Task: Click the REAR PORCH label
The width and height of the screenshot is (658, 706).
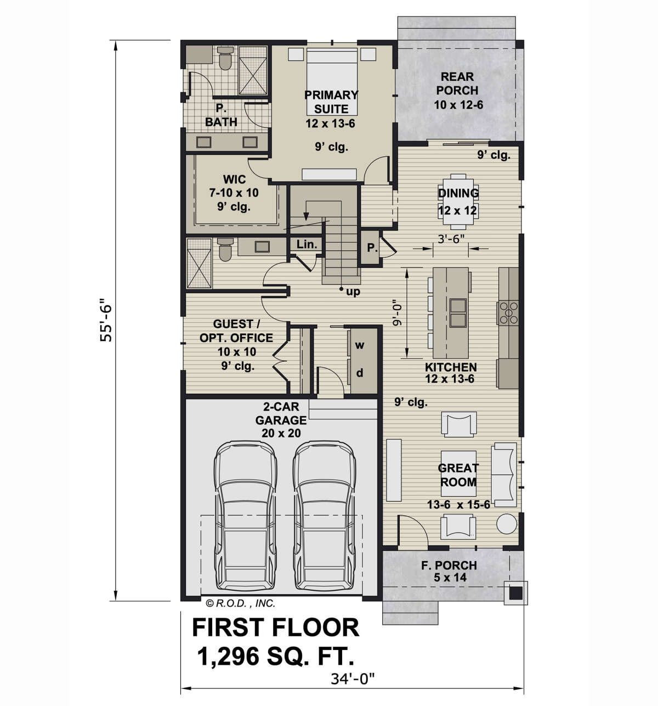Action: [x=457, y=83]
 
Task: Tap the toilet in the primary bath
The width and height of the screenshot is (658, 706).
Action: [x=225, y=58]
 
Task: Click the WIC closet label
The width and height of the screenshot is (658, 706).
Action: [x=234, y=179]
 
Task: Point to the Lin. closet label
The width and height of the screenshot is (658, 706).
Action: [x=307, y=244]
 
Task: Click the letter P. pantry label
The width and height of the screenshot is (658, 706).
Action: [x=372, y=248]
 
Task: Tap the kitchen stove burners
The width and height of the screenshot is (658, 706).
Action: [x=508, y=313]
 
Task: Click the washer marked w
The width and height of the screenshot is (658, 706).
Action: [x=359, y=345]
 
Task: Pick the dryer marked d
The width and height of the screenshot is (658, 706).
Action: [x=359, y=373]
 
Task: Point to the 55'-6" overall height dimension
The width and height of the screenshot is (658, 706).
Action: [x=106, y=320]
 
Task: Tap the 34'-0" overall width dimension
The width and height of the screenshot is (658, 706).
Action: [x=353, y=679]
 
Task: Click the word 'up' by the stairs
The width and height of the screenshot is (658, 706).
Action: [x=353, y=292]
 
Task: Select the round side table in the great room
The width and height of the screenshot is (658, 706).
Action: [x=507, y=523]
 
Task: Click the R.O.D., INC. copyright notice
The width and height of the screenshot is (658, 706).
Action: [x=241, y=603]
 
